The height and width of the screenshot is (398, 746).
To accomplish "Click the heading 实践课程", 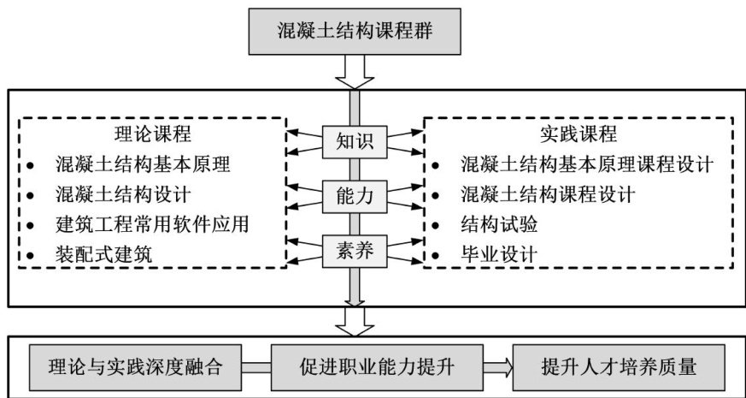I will (579, 134).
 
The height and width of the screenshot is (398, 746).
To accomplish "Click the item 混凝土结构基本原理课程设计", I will (585, 163).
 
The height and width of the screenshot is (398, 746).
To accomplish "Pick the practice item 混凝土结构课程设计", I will (548, 193).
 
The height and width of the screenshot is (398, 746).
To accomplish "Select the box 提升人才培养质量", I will (619, 366).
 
